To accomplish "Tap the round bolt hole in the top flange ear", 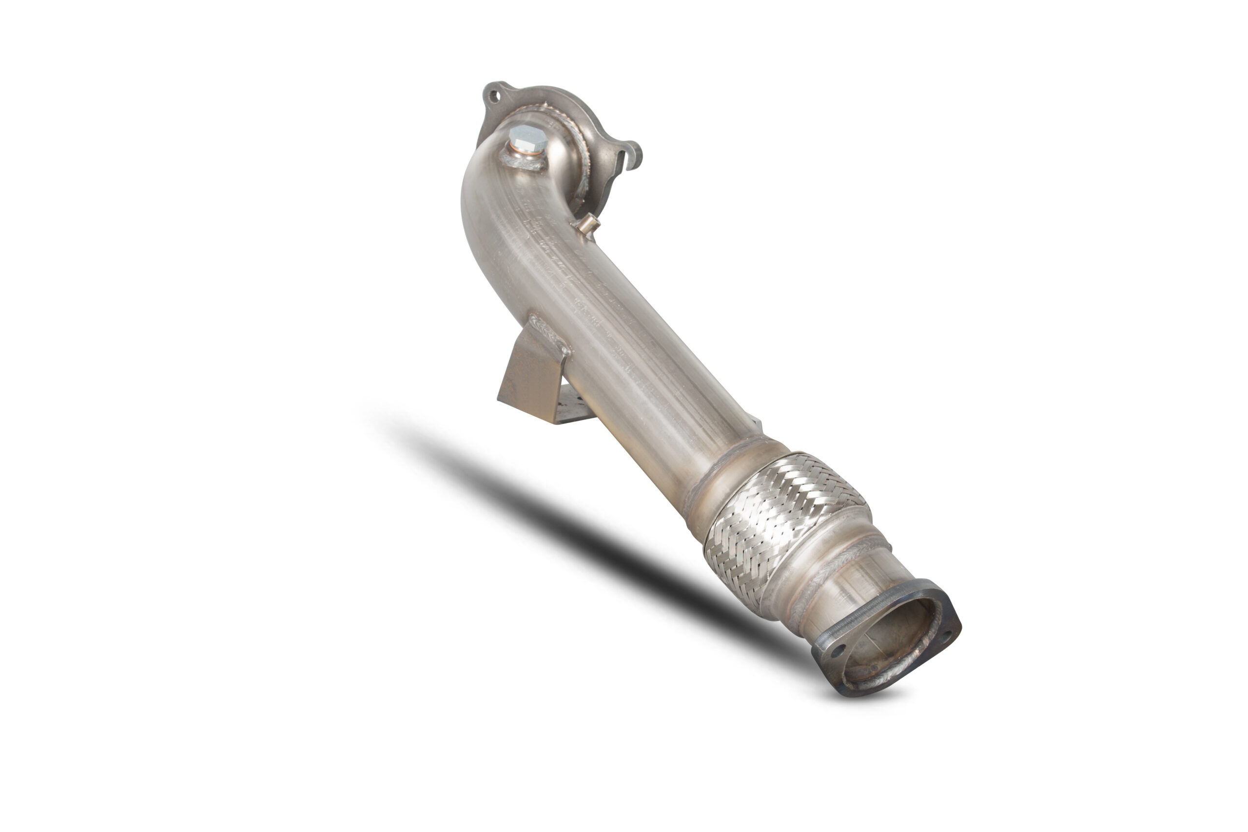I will coord(494,97).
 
